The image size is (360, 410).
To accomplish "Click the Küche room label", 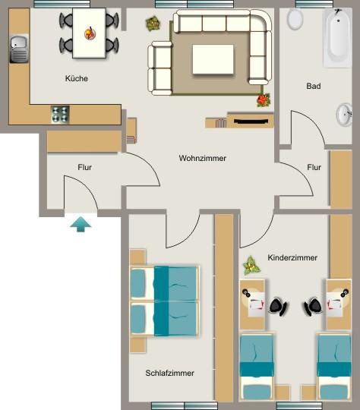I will click(x=76, y=78).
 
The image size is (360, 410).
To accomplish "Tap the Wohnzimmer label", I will click(x=203, y=158).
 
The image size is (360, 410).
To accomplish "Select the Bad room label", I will click(x=313, y=86).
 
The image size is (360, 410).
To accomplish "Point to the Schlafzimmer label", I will click(x=169, y=373).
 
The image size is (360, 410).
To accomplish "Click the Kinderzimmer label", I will click(x=292, y=258).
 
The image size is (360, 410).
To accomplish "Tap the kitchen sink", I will click(x=18, y=50).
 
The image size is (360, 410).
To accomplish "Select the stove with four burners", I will click(x=60, y=115).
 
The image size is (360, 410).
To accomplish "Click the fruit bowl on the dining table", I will click(x=90, y=33).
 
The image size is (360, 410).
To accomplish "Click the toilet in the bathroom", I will click(x=295, y=19).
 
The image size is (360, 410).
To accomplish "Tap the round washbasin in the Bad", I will click(x=344, y=115).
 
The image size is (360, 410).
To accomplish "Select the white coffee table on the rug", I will click(x=213, y=59).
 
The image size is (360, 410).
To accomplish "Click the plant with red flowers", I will click(x=264, y=99).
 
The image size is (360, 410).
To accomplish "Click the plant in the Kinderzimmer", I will click(x=251, y=266).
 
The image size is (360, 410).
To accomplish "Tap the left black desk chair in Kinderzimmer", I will click(x=277, y=306).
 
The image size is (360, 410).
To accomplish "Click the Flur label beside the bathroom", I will click(x=314, y=167).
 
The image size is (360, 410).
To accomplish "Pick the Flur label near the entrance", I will click(x=84, y=167).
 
